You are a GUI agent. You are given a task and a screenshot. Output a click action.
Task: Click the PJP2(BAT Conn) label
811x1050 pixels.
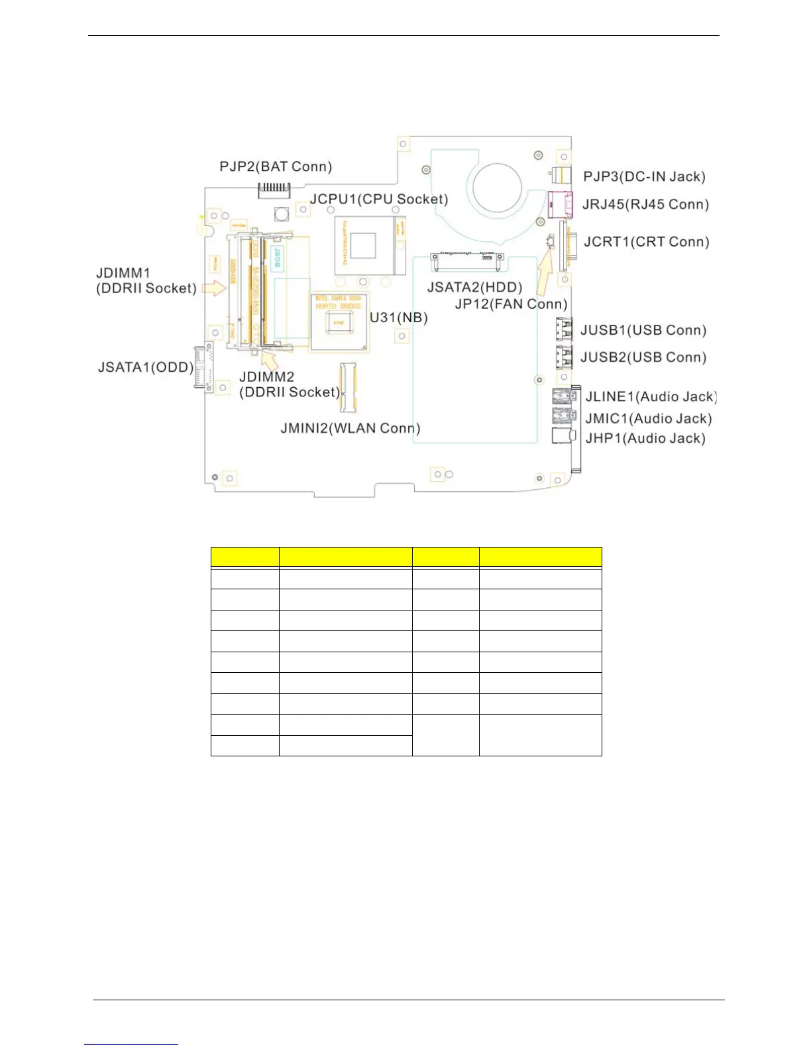[276, 166]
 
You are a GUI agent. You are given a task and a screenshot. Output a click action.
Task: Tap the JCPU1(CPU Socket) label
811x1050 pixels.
[379, 199]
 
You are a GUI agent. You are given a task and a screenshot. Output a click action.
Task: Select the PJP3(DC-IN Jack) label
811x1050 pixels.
[644, 176]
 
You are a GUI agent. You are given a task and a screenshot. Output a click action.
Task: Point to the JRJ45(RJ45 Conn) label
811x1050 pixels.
[645, 204]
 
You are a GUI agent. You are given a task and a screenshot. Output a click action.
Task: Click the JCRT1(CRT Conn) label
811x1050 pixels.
[646, 242]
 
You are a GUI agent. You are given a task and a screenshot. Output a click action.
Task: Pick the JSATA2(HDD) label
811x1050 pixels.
[474, 287]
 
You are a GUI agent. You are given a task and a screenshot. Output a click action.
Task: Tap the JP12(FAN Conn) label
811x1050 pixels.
[511, 304]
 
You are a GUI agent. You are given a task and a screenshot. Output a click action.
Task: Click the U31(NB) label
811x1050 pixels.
[398, 318]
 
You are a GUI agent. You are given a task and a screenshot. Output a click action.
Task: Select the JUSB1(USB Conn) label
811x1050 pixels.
[643, 330]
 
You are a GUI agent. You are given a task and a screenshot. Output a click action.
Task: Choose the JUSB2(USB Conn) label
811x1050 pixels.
[643, 357]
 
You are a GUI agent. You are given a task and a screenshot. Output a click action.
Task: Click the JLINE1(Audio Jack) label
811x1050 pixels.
[651, 396]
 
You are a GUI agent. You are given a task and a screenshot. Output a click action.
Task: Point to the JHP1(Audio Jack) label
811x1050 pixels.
[645, 438]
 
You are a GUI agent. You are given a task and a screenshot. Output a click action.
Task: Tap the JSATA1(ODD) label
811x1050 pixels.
[145, 367]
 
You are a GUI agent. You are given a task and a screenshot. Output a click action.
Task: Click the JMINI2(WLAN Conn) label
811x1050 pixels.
[350, 428]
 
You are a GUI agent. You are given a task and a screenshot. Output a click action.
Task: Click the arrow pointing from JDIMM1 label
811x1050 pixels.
[213, 287]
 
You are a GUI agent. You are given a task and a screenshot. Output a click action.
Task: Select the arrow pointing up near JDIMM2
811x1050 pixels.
[268, 359]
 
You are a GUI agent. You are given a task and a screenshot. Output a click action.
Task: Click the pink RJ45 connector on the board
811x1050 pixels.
[560, 203]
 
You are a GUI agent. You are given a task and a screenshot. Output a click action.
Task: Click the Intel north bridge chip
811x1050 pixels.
[339, 323]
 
